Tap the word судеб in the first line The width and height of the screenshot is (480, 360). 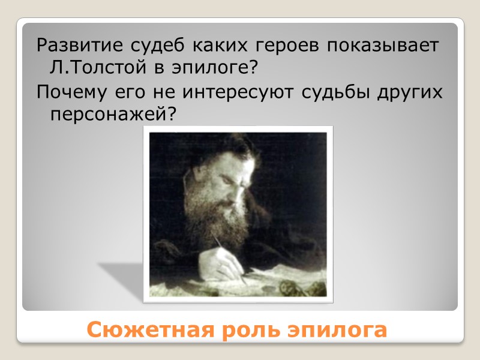coord(148,46)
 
